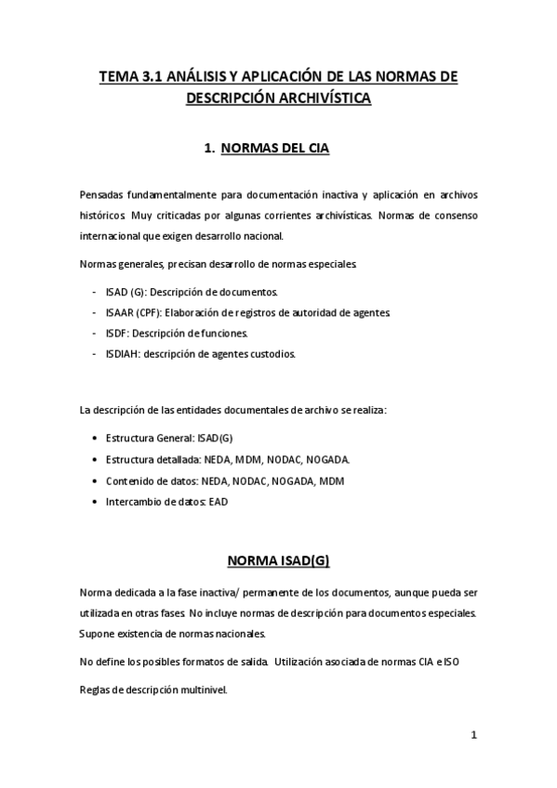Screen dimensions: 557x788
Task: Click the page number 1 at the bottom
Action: pos(474,735)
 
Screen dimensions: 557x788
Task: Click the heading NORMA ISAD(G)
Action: pos(278,561)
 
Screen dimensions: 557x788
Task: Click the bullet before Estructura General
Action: pos(97,437)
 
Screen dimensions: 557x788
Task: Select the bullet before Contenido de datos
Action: pos(97,480)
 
